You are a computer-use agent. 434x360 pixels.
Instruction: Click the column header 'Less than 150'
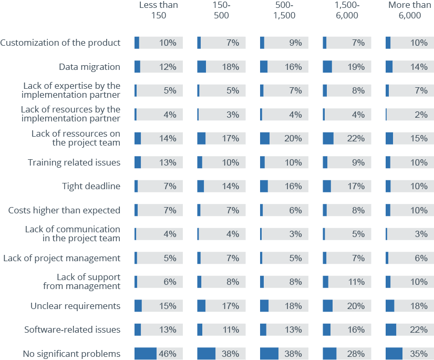click(158, 10)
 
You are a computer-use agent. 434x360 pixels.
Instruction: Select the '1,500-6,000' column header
click(347, 10)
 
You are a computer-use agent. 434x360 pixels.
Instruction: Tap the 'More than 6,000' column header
click(410, 10)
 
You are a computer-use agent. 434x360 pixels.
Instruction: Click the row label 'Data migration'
click(89, 67)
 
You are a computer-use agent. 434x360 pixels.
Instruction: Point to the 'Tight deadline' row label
click(91, 186)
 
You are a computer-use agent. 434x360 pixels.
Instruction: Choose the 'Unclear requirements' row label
click(75, 306)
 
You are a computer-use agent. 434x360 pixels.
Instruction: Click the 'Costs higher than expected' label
click(64, 210)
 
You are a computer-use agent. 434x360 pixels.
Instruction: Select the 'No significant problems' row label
click(71, 354)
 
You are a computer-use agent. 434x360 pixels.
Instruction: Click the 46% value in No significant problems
click(168, 354)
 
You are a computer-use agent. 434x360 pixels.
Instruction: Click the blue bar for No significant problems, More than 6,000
click(394, 354)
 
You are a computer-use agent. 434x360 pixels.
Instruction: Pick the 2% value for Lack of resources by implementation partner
click(421, 115)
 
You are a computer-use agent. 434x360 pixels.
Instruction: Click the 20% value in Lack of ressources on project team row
click(293, 138)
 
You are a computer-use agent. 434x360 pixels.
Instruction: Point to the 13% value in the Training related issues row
click(168, 162)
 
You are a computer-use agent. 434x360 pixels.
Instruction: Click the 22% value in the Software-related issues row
click(419, 330)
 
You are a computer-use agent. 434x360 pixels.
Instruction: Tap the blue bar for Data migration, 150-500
click(202, 67)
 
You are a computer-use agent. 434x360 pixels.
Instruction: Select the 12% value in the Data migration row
click(168, 67)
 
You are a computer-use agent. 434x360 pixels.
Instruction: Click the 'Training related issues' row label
click(74, 162)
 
